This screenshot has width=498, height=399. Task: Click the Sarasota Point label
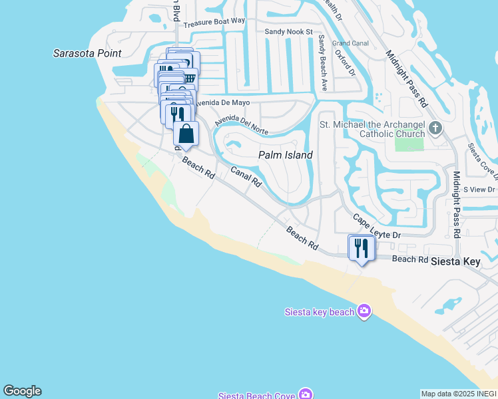point(87,53)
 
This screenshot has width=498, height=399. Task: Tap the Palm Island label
point(285,155)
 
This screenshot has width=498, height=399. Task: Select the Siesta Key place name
point(455,261)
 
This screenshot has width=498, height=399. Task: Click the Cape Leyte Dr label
point(377,227)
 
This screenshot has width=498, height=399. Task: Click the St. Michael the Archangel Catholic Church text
point(372,129)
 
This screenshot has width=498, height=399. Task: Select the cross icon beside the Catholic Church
point(435,128)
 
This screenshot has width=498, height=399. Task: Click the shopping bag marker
point(186,133)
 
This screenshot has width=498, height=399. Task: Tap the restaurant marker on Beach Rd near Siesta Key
point(362,249)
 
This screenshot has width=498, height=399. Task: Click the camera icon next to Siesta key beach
point(364,311)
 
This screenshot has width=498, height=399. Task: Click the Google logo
point(22,391)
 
